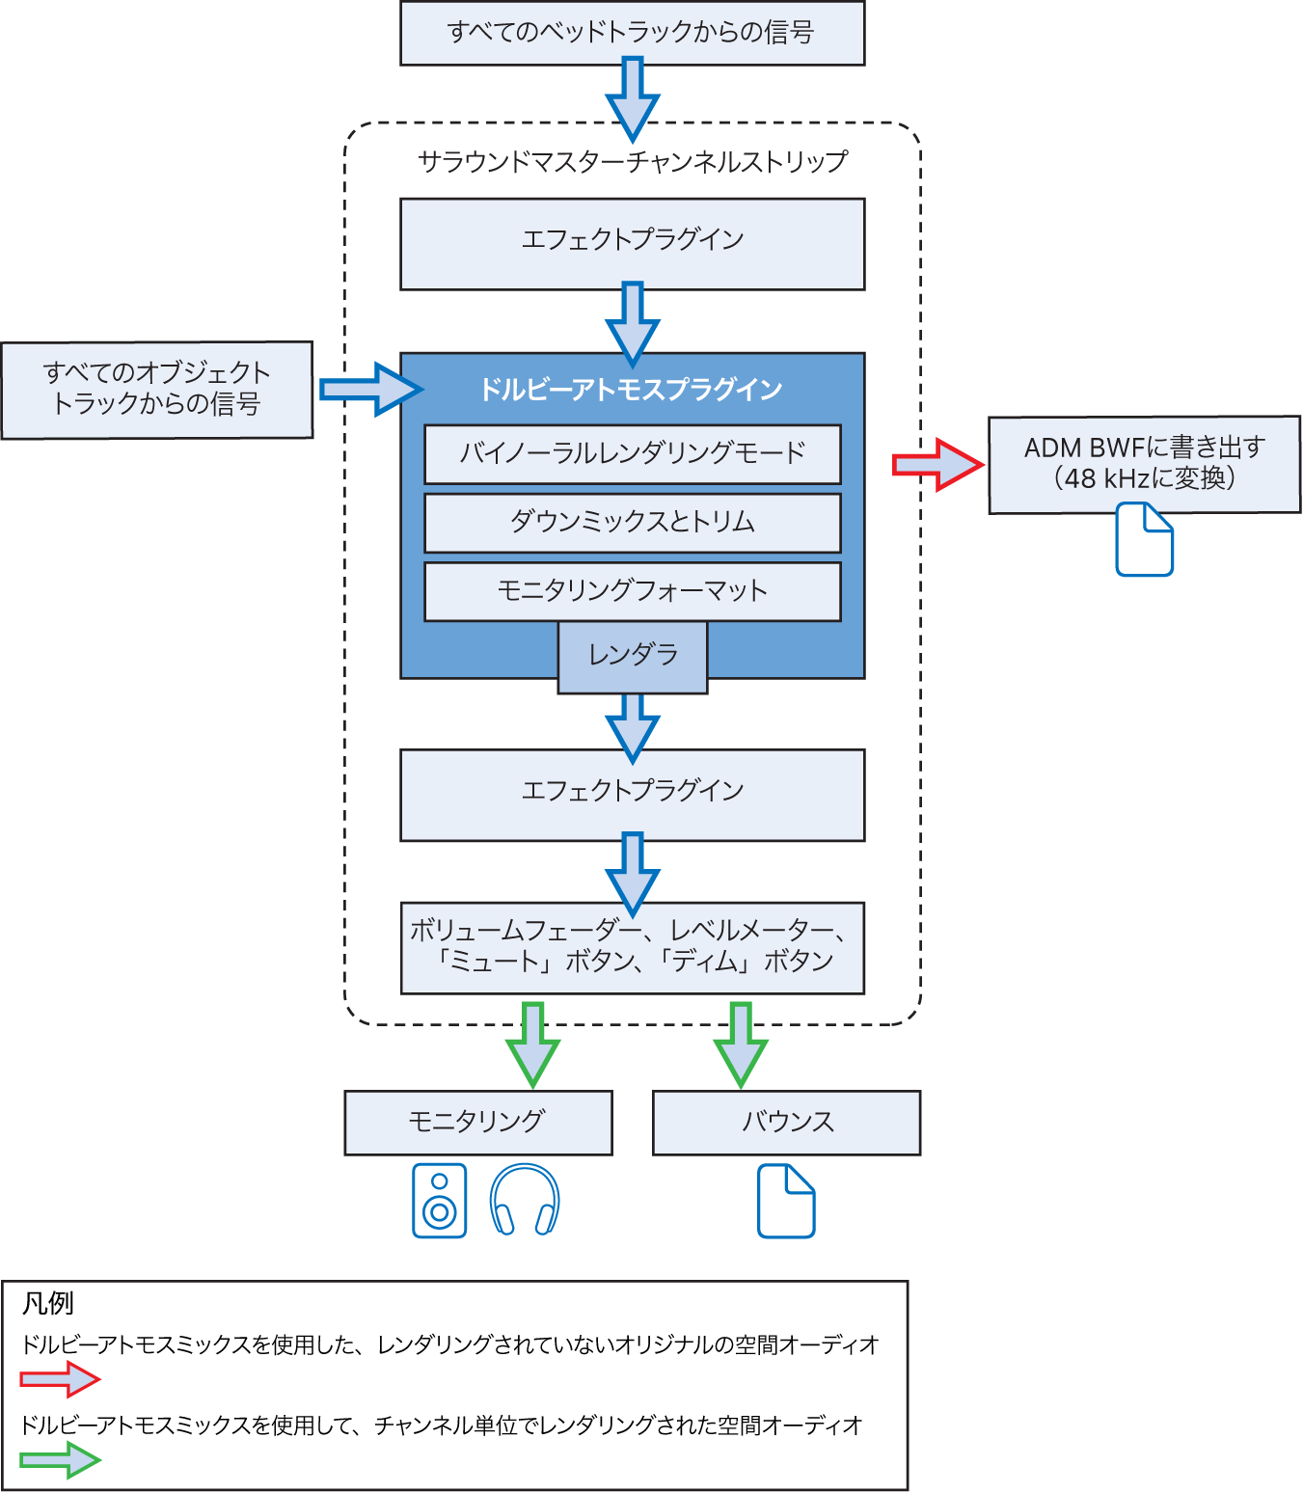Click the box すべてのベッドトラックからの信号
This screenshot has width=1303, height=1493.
click(632, 33)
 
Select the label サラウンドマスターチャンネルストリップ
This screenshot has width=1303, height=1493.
click(632, 161)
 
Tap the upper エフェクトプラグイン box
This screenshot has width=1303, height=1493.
click(632, 243)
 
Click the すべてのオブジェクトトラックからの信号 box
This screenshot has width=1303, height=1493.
click(157, 390)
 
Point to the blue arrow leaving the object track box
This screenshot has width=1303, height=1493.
click(369, 390)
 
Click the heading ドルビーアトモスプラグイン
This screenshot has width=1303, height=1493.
click(632, 390)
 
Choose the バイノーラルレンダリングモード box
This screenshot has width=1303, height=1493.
click(632, 453)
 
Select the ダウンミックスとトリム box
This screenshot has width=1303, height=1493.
click(632, 522)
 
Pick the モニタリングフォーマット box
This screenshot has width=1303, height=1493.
click(632, 591)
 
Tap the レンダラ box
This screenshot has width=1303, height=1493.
click(633, 657)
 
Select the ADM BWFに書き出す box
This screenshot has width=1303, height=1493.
click(1144, 464)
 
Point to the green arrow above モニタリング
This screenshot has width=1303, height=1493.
click(532, 1044)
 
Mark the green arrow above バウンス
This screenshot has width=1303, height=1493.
click(741, 1044)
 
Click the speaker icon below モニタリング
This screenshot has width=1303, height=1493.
click(439, 1201)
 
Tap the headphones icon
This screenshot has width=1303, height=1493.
click(525, 1201)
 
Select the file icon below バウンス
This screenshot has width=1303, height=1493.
click(786, 1201)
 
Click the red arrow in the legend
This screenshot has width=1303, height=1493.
click(61, 1379)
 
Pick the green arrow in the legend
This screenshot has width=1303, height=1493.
click(61, 1460)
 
